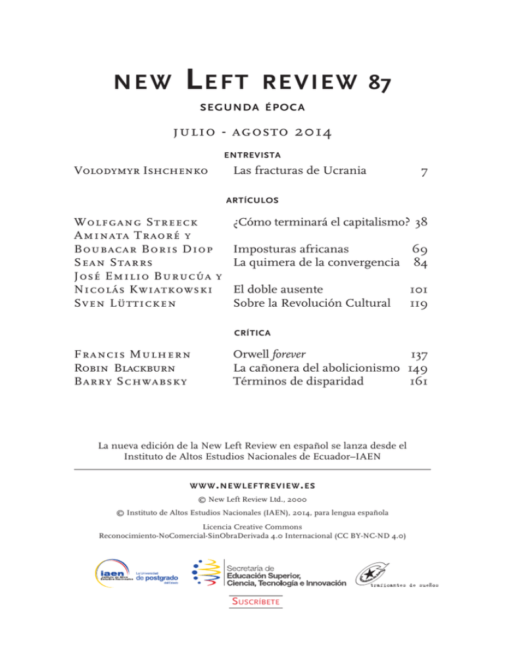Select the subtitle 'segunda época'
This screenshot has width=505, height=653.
click(x=252, y=108)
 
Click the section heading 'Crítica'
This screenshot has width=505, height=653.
click(x=252, y=334)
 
